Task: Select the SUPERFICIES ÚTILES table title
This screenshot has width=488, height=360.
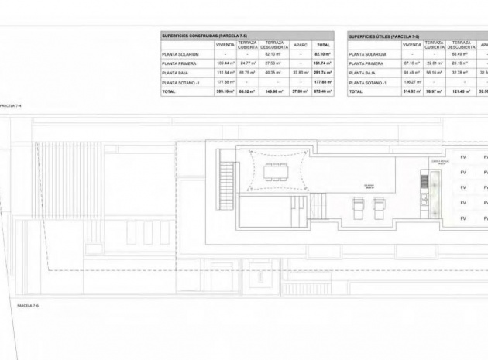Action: point(383,36)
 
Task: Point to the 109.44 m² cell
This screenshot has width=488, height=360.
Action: point(225,63)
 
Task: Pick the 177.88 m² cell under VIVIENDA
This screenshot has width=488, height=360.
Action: point(225,81)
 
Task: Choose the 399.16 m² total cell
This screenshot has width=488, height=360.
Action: point(225,91)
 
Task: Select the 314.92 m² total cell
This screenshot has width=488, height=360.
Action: point(413,91)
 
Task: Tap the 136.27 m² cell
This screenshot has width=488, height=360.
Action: point(413,81)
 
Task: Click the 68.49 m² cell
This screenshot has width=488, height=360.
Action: point(461,54)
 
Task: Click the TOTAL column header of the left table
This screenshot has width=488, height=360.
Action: point(324,46)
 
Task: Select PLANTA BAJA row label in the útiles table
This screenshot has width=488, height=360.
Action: point(363,72)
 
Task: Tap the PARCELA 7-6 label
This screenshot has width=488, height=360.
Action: point(28,307)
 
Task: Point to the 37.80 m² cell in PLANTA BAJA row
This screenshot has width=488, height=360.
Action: point(300,72)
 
